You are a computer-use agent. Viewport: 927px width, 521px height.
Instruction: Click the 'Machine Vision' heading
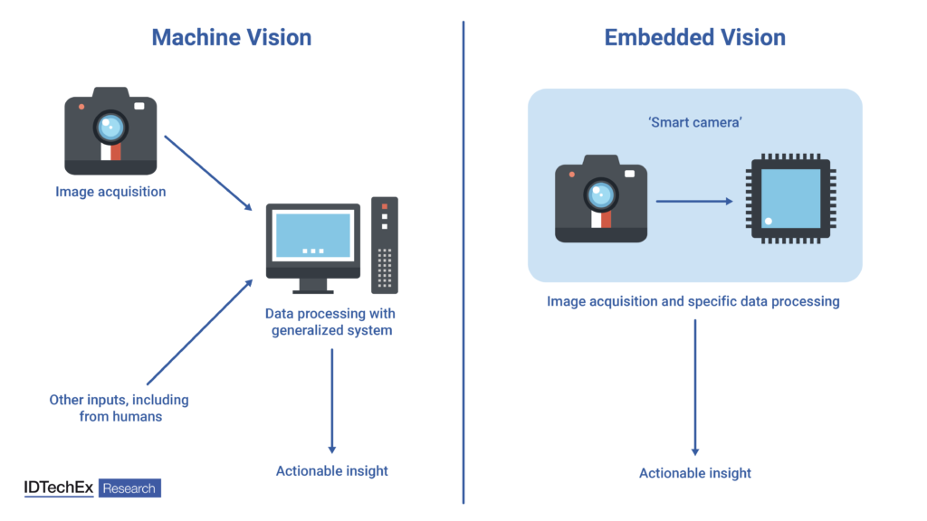point(231,37)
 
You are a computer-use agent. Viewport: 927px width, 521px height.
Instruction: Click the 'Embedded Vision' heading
point(694,37)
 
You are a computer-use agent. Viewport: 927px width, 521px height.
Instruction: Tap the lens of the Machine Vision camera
point(110,126)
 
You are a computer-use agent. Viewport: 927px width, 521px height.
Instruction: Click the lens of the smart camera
point(600,193)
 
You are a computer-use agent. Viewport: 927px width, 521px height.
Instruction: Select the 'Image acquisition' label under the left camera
point(110,192)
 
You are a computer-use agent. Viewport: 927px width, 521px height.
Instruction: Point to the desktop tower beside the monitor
point(384,244)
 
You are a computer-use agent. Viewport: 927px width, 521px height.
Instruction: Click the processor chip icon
point(790,198)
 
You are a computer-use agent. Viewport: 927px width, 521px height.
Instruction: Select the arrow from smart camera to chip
point(693,202)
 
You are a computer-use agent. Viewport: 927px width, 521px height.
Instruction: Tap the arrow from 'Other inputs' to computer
point(199,331)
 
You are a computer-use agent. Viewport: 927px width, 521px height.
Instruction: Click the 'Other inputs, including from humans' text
point(119,408)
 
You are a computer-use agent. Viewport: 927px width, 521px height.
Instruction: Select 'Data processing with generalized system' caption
point(330,322)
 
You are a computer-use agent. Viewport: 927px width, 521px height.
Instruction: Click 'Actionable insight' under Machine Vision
point(331,470)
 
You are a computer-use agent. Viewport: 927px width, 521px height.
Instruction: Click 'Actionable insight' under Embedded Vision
point(695,473)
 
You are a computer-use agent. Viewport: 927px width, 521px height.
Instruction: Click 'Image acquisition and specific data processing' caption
point(693,301)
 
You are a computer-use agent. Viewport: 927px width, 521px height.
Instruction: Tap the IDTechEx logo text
point(59,488)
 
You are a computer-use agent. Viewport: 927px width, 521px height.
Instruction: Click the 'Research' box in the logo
point(129,488)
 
